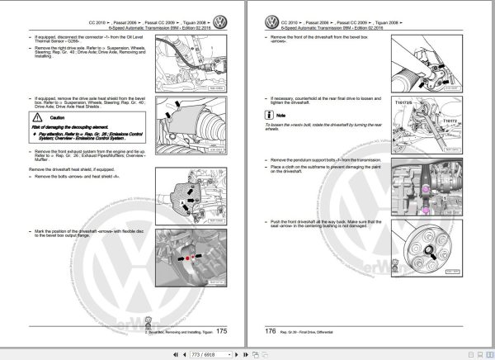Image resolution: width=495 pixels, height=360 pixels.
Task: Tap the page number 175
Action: [220, 331]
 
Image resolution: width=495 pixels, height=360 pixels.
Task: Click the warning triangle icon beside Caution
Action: [35, 119]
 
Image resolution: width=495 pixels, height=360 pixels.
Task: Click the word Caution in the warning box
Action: [52, 119]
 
